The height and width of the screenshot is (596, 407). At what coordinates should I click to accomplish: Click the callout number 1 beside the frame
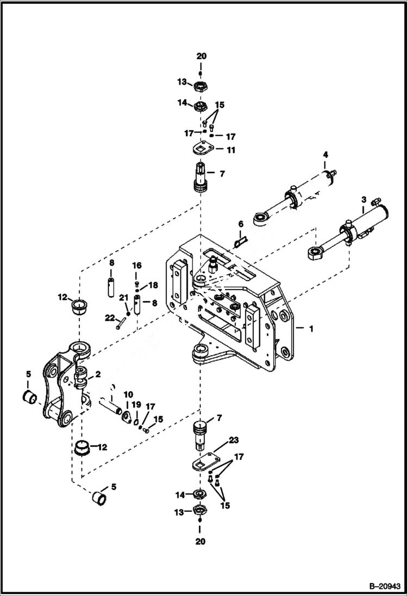[x=311, y=329]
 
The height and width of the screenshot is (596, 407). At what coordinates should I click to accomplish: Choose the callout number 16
[x=136, y=265]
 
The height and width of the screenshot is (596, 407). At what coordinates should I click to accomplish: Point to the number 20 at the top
[x=201, y=57]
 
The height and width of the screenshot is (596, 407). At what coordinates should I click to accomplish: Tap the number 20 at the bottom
[x=201, y=541]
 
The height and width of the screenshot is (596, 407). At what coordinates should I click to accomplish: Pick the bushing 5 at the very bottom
[x=98, y=496]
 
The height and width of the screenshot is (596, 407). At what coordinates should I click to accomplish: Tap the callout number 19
[x=137, y=404]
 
